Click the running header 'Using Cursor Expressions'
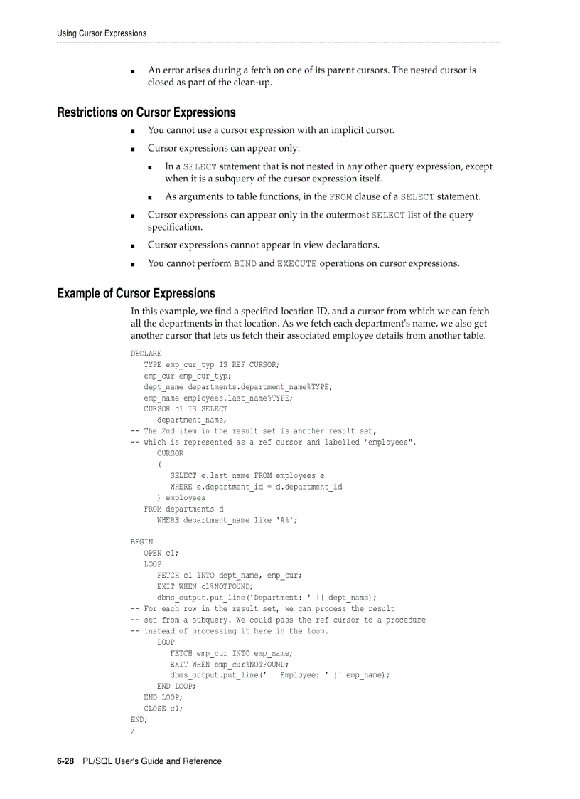[x=102, y=33]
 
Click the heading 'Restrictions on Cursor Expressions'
[x=146, y=112]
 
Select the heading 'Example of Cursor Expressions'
[x=136, y=293]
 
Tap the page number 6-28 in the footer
[x=65, y=761]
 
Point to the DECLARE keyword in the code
[x=146, y=354]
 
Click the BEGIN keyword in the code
[x=141, y=542]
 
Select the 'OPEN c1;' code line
[x=161, y=553]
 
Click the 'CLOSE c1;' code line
[x=163, y=709]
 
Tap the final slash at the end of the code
[x=133, y=731]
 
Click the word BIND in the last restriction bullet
[x=245, y=264]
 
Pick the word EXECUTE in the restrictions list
[x=296, y=264]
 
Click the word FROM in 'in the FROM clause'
[x=340, y=197]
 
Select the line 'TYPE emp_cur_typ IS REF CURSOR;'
[x=211, y=364]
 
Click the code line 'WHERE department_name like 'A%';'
[x=227, y=520]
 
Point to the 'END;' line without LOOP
[x=139, y=720]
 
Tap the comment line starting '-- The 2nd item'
[x=253, y=431]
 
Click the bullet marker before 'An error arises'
[x=134, y=71]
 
